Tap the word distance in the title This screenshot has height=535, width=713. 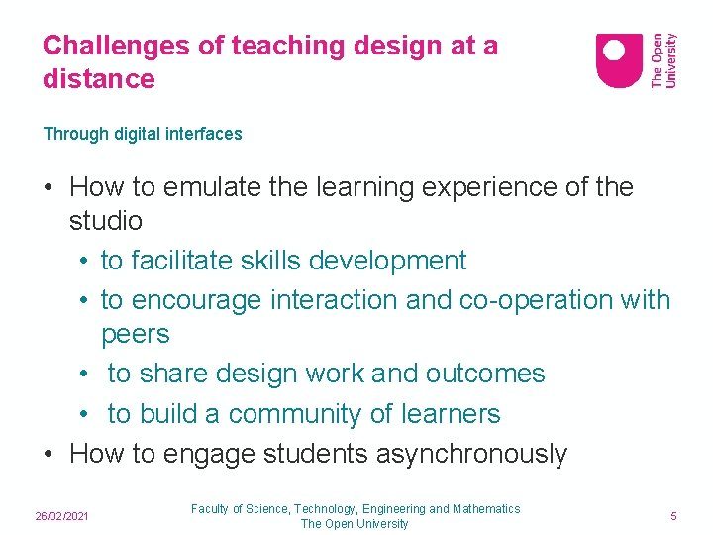pos(99,79)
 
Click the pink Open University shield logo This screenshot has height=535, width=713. pos(619,60)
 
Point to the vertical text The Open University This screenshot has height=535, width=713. pos(663,60)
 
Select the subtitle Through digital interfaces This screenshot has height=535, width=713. pos(143,134)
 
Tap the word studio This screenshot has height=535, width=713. pos(106,220)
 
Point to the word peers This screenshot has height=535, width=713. pos(136,334)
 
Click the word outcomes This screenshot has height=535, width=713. pos(485,374)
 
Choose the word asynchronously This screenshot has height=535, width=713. pos(471,454)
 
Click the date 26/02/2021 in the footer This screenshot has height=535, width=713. pos(62,517)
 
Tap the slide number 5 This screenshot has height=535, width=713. pos(673,517)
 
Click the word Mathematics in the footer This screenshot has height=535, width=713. pos(486,509)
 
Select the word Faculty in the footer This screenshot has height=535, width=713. pos(210,509)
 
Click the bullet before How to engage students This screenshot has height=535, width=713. pos(49,454)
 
